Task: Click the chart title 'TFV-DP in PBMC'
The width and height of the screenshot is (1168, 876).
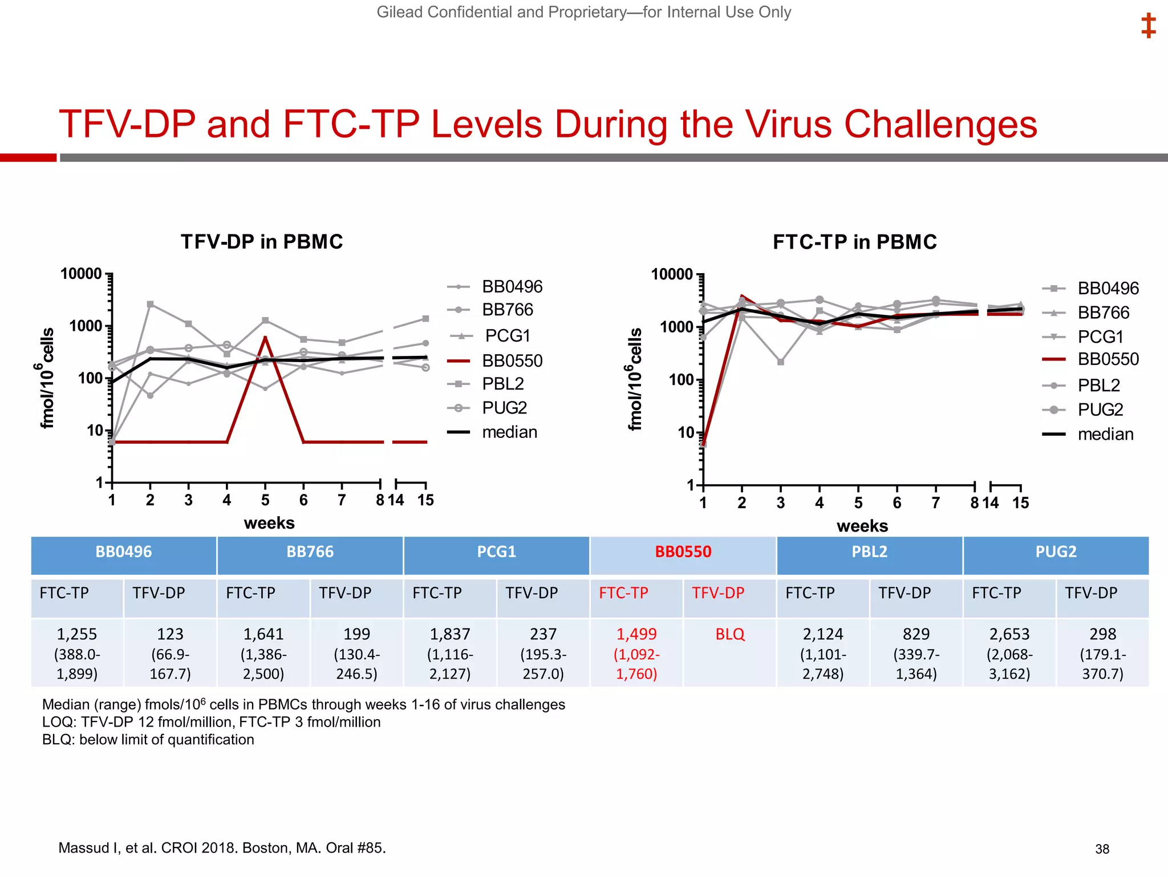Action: tap(262, 242)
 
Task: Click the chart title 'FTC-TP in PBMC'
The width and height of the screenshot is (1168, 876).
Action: tap(854, 242)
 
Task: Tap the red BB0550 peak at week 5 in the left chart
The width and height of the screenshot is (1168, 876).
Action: tap(265, 338)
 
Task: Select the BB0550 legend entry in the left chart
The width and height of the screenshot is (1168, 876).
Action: tap(512, 360)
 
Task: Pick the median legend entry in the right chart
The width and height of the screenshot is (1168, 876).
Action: tap(1105, 435)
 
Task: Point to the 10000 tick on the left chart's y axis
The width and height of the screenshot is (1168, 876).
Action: tap(82, 274)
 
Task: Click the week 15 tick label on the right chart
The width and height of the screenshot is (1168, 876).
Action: tap(1020, 503)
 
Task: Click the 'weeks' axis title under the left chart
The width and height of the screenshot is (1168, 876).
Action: tap(269, 523)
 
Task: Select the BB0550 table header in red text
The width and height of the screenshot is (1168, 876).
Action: tap(683, 552)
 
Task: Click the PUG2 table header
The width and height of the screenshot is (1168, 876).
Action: tap(1056, 552)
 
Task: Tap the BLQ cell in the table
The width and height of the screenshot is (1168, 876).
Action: tap(729, 634)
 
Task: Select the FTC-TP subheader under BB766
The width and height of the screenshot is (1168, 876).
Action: tap(250, 593)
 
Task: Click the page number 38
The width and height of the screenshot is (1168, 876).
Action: tap(1102, 849)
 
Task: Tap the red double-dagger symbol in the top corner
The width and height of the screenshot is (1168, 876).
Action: tap(1148, 26)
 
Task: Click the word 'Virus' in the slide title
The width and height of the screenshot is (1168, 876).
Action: tap(789, 124)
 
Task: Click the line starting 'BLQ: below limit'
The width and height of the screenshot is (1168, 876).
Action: tap(148, 740)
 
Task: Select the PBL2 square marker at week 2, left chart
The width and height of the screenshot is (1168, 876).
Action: tap(151, 305)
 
